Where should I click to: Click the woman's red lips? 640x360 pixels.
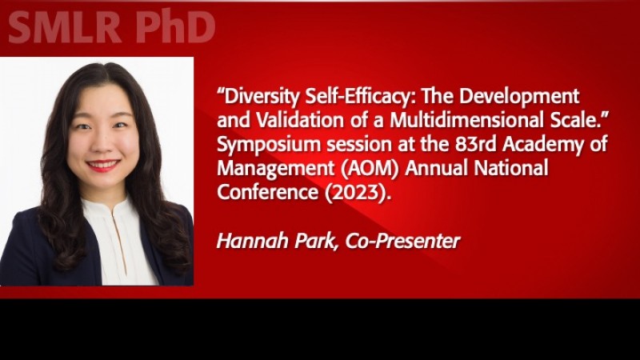point(103,166)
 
